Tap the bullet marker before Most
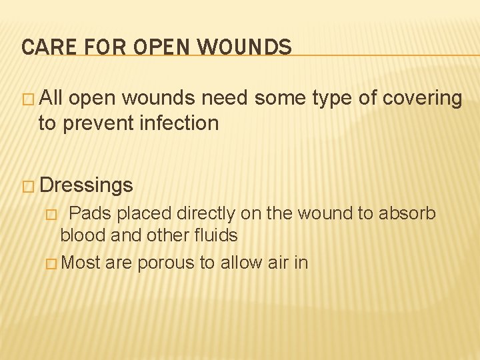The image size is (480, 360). pos(52,263)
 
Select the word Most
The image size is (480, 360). pos(80,263)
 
